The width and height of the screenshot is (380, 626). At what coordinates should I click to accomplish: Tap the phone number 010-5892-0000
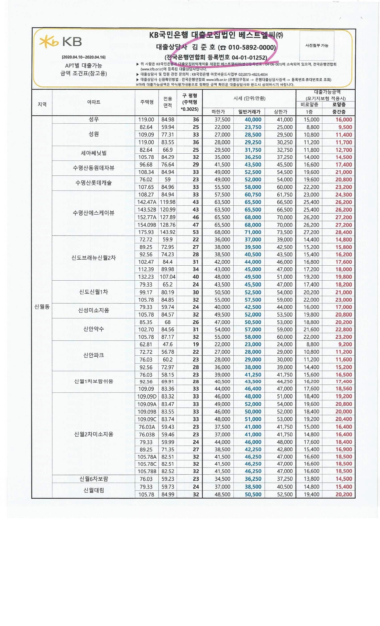252,47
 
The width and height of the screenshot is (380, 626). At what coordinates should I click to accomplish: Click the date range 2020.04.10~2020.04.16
84,57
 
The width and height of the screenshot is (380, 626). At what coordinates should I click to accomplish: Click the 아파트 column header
93,102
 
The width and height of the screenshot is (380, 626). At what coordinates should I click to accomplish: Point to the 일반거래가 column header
249,112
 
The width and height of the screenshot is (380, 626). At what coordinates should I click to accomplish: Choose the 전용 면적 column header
167,102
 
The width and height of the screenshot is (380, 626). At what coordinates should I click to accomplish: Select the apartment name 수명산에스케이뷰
93,213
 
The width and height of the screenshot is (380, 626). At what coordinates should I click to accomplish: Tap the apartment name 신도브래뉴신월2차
93,258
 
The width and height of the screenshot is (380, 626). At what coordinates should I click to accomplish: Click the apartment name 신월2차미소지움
93,434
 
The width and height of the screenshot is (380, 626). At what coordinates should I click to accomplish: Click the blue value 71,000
253,232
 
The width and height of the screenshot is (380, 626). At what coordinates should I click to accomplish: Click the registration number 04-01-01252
249,58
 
